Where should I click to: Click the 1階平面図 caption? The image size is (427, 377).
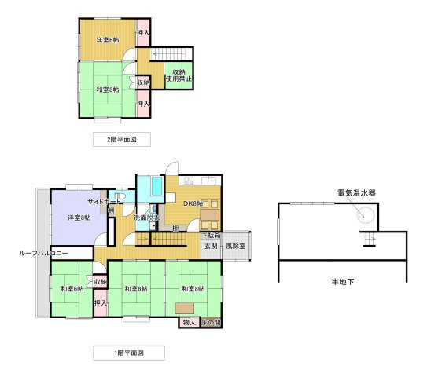[129, 351]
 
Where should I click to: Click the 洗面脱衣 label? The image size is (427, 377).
[147, 217]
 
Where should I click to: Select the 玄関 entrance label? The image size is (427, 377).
[212, 246]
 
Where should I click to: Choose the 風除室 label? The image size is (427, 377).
[236, 246]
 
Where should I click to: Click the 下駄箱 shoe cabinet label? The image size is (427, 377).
[210, 235]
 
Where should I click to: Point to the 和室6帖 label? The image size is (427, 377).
[72, 288]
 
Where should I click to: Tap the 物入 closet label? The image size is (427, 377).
[189, 322]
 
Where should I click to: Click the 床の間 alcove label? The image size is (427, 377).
[211, 322]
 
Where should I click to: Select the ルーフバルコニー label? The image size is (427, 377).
[45, 254]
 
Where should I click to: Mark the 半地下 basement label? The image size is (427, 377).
[342, 280]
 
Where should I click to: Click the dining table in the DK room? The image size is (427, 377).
[210, 214]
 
